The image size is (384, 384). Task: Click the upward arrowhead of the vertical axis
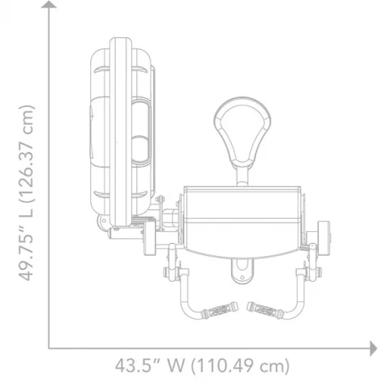pyautogui.click(x=50, y=7)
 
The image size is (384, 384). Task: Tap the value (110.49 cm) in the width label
pyautogui.click(x=242, y=367)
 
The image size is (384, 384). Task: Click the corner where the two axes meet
pyautogui.click(x=51, y=348)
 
